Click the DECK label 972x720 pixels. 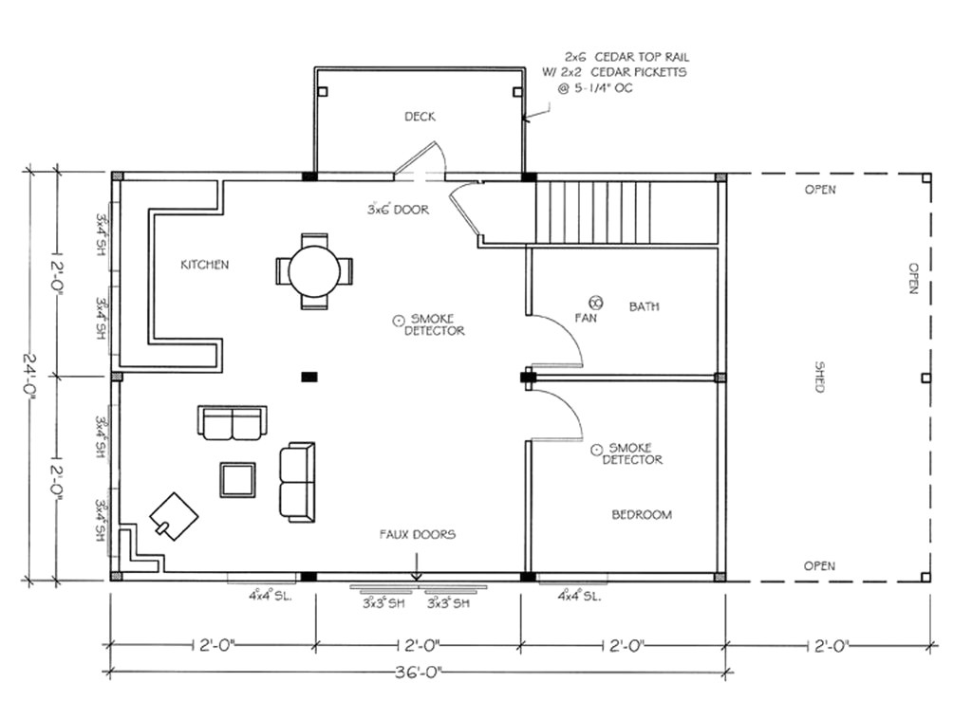[x=420, y=117]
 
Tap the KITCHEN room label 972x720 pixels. [x=204, y=265]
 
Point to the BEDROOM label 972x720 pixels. [x=641, y=514]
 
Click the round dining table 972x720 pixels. [x=314, y=271]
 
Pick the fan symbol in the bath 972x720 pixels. [x=596, y=301]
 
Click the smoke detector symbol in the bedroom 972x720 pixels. [x=596, y=448]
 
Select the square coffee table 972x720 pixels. [x=237, y=479]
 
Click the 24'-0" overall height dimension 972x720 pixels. [x=33, y=375]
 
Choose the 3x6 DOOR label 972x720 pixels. [x=398, y=209]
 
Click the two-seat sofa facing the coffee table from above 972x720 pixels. [x=232, y=422]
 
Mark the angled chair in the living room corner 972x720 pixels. [x=174, y=516]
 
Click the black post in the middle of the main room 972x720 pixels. [x=309, y=377]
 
